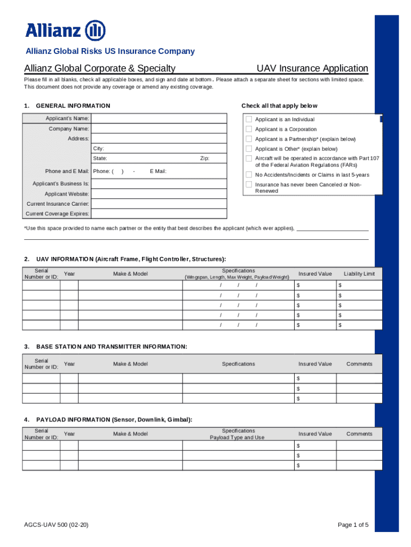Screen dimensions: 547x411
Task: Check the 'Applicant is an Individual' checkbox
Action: (249, 119)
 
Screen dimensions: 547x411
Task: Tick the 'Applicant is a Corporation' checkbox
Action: (249, 129)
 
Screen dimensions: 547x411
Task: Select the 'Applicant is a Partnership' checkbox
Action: (249, 139)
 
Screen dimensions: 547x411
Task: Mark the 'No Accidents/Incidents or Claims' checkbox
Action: (249, 175)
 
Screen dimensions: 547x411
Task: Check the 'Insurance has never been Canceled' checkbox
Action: (249, 184)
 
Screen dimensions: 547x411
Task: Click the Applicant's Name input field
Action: (159, 119)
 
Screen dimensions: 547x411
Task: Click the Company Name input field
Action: (159, 129)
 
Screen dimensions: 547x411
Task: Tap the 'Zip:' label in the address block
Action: (204, 159)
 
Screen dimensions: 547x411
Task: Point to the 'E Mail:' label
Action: (158, 171)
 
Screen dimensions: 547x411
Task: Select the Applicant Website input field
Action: (159, 193)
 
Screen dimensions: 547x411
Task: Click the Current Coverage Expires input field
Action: (159, 214)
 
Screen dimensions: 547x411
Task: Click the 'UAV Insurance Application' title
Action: (312, 68)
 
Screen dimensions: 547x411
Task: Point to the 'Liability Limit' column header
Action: (359, 274)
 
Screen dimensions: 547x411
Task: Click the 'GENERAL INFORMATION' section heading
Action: (73, 106)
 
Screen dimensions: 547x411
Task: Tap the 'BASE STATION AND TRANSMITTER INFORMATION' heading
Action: (111, 347)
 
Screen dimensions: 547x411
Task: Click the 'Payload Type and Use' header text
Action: (237, 437)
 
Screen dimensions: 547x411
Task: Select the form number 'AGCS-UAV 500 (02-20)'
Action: (56, 525)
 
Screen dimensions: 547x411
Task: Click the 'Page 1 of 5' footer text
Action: (353, 525)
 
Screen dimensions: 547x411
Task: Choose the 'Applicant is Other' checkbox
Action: (249, 149)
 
